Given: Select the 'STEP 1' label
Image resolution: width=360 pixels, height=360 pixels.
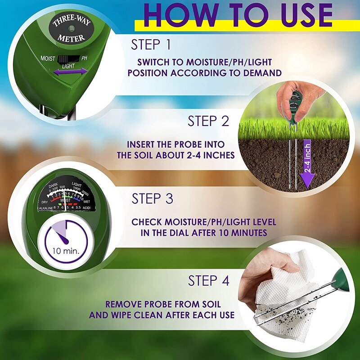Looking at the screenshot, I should pyautogui.click(x=152, y=45).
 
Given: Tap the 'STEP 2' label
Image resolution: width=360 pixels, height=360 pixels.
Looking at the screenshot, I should pyautogui.click(x=208, y=121).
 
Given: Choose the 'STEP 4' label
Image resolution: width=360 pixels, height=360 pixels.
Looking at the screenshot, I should pyautogui.click(x=209, y=281).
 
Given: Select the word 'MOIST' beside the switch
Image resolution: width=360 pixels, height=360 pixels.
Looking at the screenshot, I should pyautogui.click(x=48, y=59).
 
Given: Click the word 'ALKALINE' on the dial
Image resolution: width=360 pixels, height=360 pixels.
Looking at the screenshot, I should pyautogui.click(x=45, y=207).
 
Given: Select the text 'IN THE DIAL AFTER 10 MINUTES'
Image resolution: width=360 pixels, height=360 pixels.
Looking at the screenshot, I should pyautogui.click(x=204, y=232).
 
